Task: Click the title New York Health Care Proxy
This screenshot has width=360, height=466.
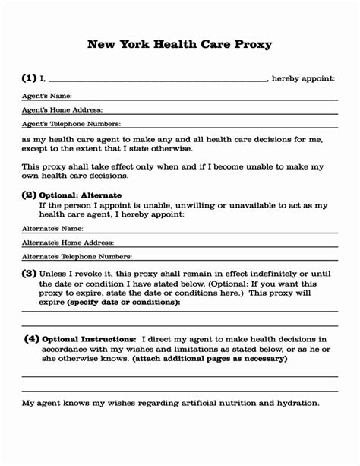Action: point(180,44)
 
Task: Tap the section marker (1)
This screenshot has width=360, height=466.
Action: point(29,78)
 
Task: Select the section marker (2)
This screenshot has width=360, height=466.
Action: point(29,195)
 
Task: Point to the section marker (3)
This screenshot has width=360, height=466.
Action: point(29,273)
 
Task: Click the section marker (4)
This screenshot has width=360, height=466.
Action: point(31,338)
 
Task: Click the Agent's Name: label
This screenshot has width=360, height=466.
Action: point(46,96)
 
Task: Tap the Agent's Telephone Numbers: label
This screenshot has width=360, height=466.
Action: point(71,124)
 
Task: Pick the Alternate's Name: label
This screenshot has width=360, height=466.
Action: point(52,228)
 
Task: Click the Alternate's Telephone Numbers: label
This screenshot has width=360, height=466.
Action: point(77,257)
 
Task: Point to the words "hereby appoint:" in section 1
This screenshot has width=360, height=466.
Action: point(303,78)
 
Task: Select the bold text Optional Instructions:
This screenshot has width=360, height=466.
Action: point(89,339)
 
